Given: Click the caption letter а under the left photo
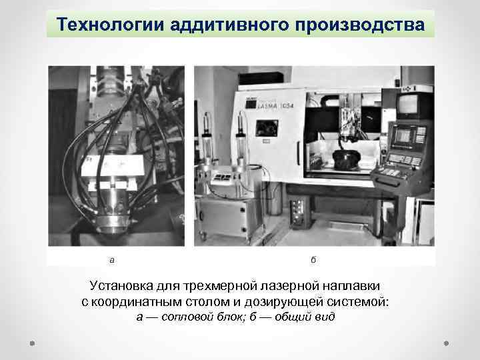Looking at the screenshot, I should [x=111, y=259].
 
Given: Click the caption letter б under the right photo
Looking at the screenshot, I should [x=313, y=259].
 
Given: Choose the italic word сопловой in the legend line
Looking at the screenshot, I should [x=183, y=317].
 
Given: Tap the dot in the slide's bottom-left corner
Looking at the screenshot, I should [x=33, y=344].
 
